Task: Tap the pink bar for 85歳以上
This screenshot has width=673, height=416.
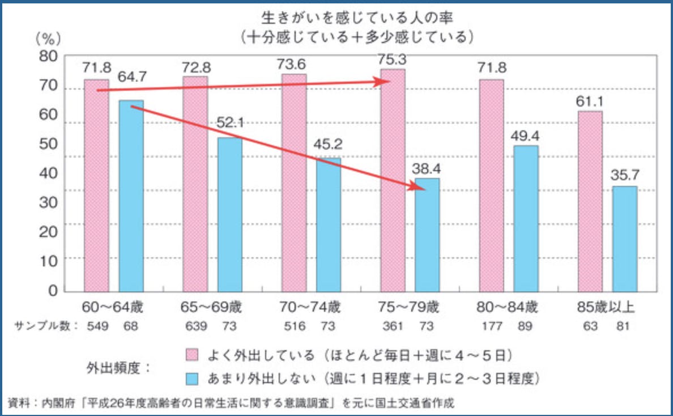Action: coord(590,201)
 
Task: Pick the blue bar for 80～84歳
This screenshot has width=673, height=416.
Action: coord(526,218)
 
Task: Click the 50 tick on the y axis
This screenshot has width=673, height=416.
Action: coord(48,143)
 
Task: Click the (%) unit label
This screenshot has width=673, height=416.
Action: coord(48,39)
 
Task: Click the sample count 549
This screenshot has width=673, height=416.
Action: coord(97,326)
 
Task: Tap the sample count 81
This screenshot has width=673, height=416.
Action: coord(624,326)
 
